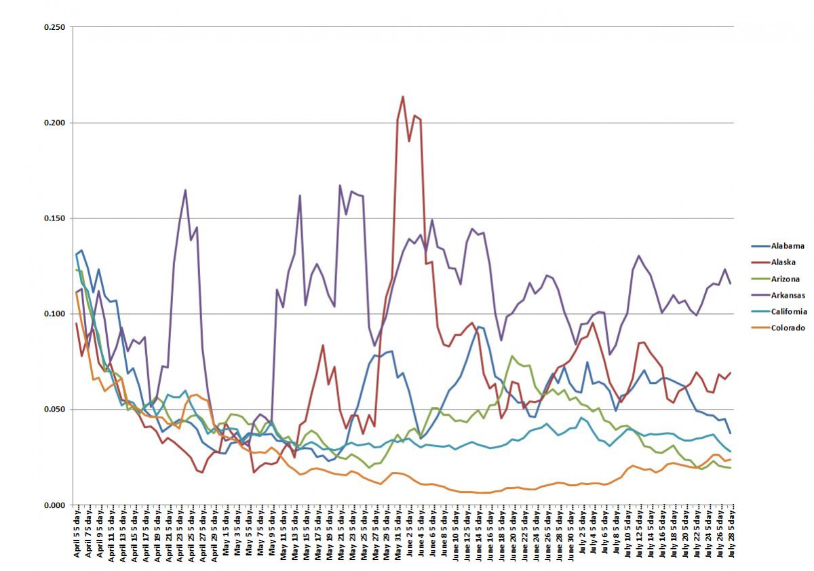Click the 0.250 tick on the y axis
point(55,27)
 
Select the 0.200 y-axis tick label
point(55,123)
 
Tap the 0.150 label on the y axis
point(55,218)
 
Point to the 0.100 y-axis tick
point(55,314)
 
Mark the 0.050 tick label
point(55,410)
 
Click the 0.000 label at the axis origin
point(55,505)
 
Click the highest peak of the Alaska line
point(403,96)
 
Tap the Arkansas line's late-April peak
point(185,191)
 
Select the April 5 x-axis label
point(76,535)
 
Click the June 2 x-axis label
point(409,535)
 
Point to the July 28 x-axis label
point(731,535)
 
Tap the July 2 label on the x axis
point(581,535)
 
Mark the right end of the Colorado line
point(731,459)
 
